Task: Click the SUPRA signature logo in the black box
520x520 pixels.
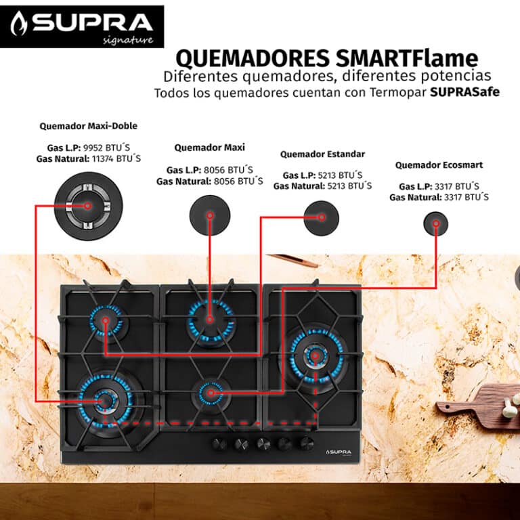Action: (82, 27)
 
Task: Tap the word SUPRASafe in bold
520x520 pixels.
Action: (464, 92)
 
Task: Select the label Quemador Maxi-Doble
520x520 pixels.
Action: (88, 126)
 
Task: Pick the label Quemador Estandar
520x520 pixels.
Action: (322, 154)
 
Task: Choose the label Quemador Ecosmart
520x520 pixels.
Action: (439, 165)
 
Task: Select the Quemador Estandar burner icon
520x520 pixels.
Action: (321, 218)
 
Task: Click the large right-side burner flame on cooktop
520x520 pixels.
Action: (314, 355)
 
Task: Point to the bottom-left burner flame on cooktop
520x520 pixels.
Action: (105, 402)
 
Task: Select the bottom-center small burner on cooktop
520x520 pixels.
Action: (210, 392)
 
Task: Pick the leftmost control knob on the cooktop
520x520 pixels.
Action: (219, 443)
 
